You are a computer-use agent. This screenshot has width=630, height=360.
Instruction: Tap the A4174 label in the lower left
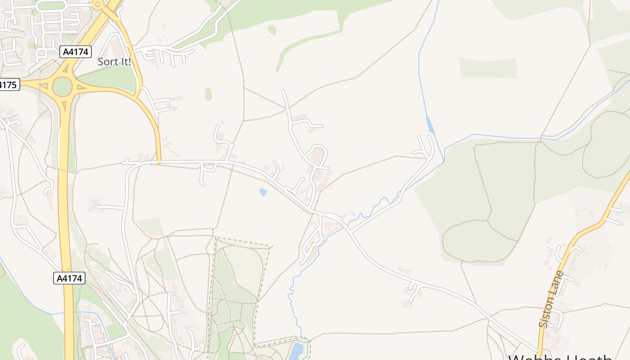point(69,278)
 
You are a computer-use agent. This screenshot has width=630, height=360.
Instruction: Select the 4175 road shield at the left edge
point(9,85)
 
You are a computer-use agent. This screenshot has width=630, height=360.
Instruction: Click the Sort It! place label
point(114,62)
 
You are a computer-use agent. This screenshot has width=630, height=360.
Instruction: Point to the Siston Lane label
point(551,299)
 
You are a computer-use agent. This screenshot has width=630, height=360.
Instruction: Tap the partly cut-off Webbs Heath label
point(560,357)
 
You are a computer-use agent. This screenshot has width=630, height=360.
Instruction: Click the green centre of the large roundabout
point(63,87)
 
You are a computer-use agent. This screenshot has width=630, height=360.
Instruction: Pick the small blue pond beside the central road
point(263,192)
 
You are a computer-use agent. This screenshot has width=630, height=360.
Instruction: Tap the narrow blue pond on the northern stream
point(430,125)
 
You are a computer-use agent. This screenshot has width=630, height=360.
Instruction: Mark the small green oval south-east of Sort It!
point(208,94)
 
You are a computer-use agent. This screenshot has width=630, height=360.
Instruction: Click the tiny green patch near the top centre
point(272,30)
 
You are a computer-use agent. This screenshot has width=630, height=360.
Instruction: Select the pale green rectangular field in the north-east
point(488,67)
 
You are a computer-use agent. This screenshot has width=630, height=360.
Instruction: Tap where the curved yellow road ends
point(159,162)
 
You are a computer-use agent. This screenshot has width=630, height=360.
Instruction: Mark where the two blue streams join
point(444,161)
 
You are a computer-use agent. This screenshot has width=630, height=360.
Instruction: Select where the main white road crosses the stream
point(346,229)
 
